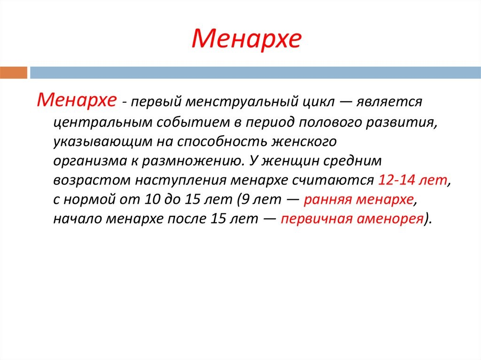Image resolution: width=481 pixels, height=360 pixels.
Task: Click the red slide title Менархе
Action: (x=247, y=39)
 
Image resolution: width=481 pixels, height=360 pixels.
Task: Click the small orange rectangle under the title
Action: (x=14, y=73)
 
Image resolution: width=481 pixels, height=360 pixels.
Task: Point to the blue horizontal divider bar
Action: (x=255, y=73)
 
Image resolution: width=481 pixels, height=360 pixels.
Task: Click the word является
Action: (x=389, y=102)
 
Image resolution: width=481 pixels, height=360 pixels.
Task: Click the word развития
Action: (x=402, y=123)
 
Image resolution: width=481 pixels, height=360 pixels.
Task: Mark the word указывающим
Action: (x=102, y=142)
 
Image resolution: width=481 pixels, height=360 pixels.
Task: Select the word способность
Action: (x=222, y=141)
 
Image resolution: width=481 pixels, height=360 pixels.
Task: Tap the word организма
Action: (x=90, y=161)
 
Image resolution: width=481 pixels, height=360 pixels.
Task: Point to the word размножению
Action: (x=192, y=161)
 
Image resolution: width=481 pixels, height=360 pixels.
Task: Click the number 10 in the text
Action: (x=152, y=199)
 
